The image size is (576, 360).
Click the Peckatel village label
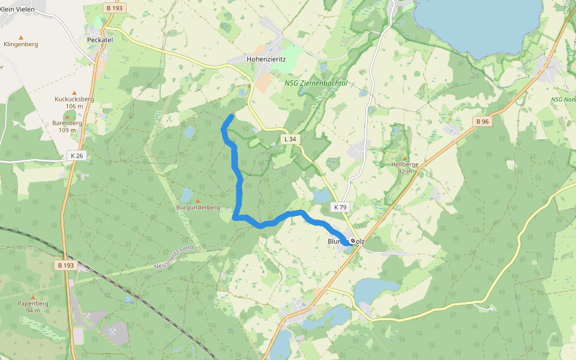point(100,40)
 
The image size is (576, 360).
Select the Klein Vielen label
point(17,10)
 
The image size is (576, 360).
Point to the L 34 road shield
point(289,139)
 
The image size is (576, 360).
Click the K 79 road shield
point(340,207)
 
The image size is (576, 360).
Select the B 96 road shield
point(482,121)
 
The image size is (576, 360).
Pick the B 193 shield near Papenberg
point(67,265)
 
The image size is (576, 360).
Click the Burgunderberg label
point(198,208)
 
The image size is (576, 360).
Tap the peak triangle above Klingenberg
point(21,37)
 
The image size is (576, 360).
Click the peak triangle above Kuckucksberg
point(74,92)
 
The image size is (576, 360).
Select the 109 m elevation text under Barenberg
point(67,130)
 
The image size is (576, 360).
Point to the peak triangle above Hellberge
point(405,158)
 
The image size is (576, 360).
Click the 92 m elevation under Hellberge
point(405,171)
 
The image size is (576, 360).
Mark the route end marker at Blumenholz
point(353,241)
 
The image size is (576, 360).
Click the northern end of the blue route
point(232,115)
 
